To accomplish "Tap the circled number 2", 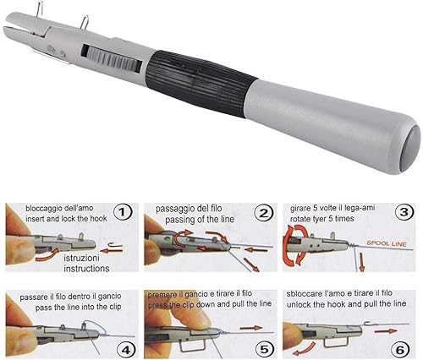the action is coord(263,214).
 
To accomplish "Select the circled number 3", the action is coord(404,212).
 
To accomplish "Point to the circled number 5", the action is coord(264,349).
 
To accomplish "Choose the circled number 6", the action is coord(400,350).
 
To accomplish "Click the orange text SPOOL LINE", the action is coord(387,243).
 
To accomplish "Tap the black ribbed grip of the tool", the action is coord(201,84).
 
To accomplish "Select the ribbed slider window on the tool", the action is coord(112,58).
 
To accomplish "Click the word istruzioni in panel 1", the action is coord(82,258).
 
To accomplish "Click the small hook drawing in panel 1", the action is coord(116,246).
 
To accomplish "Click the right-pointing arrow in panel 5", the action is coord(251,328).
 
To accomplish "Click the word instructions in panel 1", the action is coord(86,268).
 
